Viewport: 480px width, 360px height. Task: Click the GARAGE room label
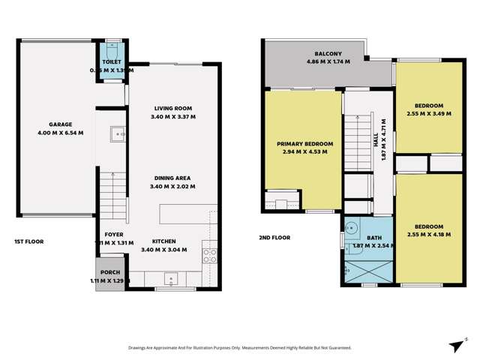click(59, 124)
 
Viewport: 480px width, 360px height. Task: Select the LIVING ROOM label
click(172, 108)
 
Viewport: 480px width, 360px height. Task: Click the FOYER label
click(109, 234)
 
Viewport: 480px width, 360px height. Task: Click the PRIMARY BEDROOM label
click(304, 143)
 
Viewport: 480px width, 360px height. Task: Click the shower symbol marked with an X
click(368, 272)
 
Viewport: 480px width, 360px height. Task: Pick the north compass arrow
click(454, 343)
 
